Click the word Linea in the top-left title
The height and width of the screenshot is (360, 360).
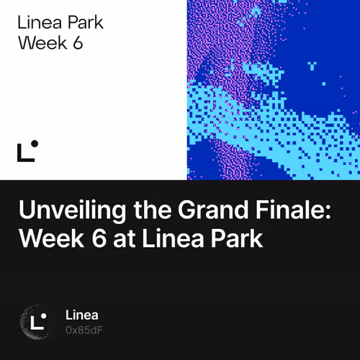(x=37, y=22)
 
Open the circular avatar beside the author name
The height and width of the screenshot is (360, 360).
(x=37, y=322)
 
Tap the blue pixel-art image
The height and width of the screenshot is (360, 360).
(x=273, y=89)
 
